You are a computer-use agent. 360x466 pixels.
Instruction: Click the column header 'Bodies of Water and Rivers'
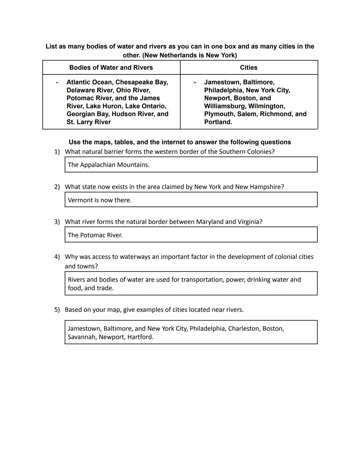111,67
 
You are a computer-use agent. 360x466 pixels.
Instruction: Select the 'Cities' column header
249,67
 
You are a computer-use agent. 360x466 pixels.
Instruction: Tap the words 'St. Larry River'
89,122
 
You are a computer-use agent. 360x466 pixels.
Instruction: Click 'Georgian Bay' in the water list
87,114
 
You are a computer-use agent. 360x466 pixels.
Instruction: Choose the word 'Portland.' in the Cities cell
218,122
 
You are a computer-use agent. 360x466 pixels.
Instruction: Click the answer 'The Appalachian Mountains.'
109,165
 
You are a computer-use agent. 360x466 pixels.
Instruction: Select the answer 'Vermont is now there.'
100,200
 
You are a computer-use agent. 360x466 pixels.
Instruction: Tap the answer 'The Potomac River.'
95,235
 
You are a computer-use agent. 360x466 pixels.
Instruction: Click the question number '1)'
57,152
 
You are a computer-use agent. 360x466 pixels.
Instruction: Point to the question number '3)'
57,222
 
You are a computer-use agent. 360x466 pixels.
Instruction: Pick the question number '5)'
57,310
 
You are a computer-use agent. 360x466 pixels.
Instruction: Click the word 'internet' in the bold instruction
175,142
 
